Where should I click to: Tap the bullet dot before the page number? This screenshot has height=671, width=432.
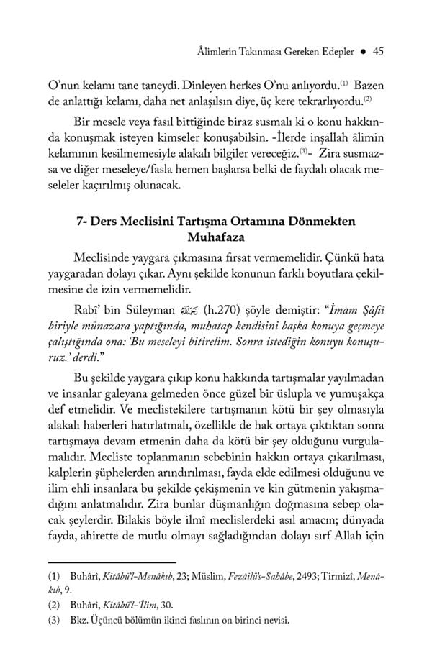click(x=365, y=51)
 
